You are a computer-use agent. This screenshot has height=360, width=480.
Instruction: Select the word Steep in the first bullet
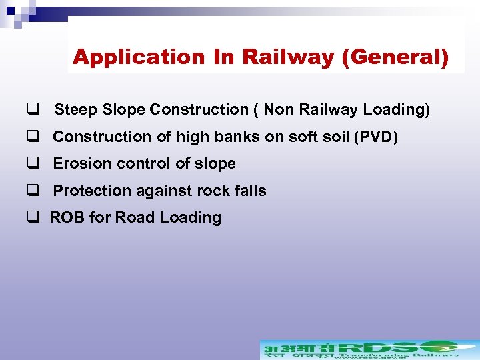76,110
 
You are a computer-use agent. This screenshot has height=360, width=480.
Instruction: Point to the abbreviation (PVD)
376,137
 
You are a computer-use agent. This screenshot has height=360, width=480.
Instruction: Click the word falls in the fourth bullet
250,191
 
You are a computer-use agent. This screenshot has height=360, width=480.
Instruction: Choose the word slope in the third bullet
215,164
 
